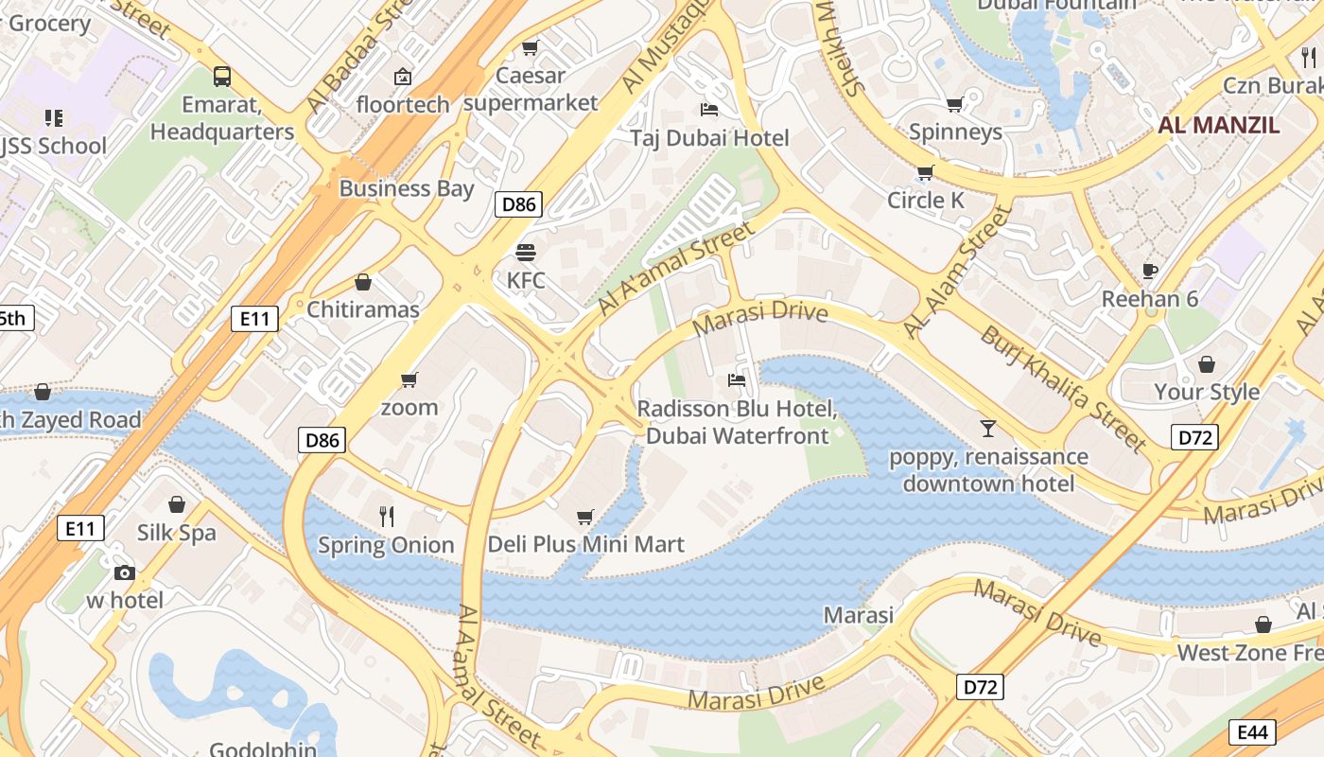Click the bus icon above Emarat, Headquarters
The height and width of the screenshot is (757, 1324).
222,77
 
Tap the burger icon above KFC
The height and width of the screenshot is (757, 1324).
526,253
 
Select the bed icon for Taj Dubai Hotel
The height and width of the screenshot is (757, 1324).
708,110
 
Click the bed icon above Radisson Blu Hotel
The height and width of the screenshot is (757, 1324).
737,380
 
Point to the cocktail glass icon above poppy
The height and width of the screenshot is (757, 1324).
988,429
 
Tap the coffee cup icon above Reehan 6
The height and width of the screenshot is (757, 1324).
1150,271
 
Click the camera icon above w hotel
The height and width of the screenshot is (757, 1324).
124,572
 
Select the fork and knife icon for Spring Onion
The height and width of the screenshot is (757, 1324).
386,517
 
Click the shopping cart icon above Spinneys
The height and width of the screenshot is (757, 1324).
955,104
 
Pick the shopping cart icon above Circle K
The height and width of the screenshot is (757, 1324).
925,172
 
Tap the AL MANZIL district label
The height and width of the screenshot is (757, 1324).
1219,125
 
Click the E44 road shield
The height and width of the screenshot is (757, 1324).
1252,731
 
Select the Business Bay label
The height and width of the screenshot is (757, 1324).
407,188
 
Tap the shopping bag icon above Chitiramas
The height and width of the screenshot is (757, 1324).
363,282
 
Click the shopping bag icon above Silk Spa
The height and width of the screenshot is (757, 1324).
176,504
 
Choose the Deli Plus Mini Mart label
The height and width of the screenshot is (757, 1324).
585,545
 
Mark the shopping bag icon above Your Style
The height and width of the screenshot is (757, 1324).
1207,364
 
